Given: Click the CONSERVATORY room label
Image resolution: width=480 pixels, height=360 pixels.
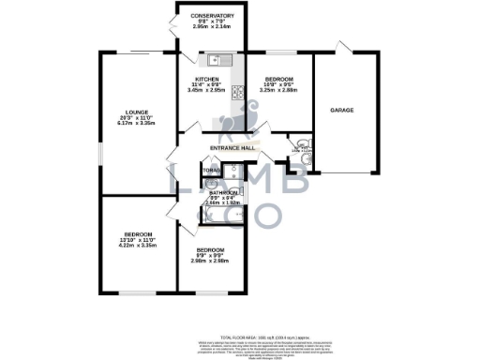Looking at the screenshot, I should tap(212, 16).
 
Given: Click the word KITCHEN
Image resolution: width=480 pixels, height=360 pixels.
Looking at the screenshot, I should tap(206, 79).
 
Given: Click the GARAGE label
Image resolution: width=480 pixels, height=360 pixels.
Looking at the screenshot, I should tap(341, 111).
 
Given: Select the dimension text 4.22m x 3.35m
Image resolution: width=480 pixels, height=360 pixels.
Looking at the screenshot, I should tap(136, 245).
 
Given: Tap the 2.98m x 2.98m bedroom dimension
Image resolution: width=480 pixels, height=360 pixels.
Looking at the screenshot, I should tap(210, 260).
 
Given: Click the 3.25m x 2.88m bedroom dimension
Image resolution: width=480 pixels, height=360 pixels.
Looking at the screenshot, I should tap(277, 91).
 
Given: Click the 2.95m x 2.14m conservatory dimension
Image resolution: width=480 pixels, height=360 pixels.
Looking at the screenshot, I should tap(212, 28).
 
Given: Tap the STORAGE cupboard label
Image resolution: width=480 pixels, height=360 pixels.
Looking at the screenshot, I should tap(211, 171).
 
